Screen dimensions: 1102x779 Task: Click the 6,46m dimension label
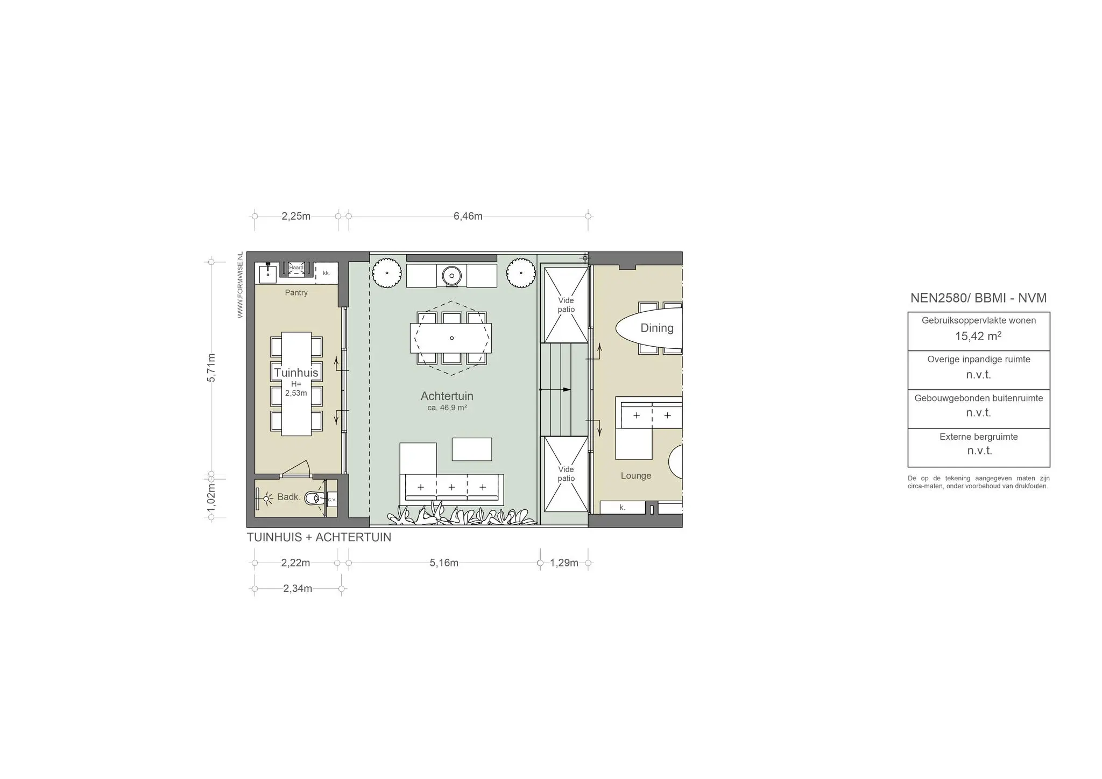pos(468,216)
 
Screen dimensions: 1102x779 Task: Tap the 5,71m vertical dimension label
pos(211,368)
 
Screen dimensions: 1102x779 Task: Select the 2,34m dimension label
pos(298,588)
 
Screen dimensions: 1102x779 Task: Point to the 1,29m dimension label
pos(564,563)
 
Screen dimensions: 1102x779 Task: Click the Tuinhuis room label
pos(296,373)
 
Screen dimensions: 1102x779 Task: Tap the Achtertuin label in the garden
pos(447,396)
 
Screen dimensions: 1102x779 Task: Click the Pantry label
pos(296,293)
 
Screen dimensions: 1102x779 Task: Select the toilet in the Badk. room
pos(315,499)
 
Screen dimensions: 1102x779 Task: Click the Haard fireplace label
pos(296,268)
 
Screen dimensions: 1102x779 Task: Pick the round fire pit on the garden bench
pos(451,276)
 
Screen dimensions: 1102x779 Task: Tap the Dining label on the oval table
pos(656,328)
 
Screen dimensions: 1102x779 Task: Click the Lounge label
pos(636,476)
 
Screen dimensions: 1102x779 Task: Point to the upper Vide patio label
pos(566,305)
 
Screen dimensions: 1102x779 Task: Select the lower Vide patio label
pos(566,474)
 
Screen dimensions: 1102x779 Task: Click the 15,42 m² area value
pos(978,336)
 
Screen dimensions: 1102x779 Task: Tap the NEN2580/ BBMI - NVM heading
pos(978,298)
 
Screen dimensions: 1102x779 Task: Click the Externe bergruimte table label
pos(979,437)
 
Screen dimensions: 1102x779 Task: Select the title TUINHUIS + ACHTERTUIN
pos(319,537)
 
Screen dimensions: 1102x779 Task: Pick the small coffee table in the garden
pos(472,449)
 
